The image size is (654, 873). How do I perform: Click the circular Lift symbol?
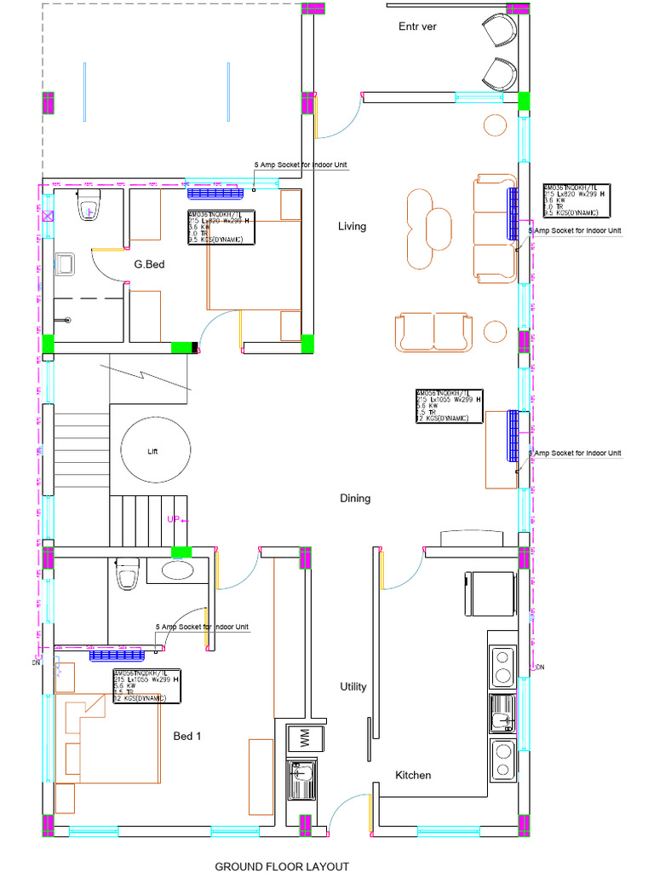[154, 450]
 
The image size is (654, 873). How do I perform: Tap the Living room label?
[352, 226]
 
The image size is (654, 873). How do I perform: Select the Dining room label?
[355, 498]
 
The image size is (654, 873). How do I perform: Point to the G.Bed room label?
[149, 264]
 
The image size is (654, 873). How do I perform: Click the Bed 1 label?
[187, 736]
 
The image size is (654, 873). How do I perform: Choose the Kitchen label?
[413, 775]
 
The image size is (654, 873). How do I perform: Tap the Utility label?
[353, 686]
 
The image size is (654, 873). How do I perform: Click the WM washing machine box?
[301, 735]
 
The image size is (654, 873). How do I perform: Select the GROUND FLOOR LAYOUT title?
[282, 866]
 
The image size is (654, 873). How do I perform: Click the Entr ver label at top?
[417, 26]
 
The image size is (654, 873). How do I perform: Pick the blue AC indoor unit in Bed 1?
[116, 655]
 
